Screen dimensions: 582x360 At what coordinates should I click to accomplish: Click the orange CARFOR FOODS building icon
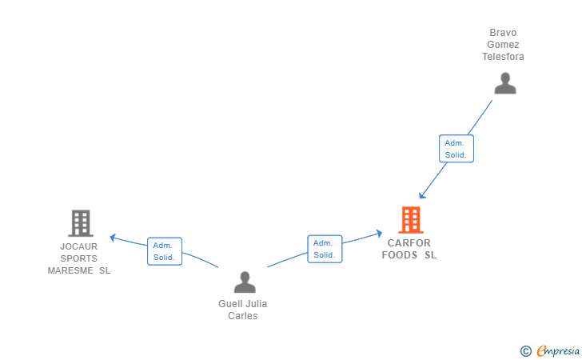[x=411, y=220]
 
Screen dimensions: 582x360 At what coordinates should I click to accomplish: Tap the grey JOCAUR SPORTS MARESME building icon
[x=81, y=223]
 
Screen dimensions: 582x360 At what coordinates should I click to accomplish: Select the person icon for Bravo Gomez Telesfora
[x=505, y=83]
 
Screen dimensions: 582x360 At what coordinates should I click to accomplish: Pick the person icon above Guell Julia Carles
[x=245, y=282]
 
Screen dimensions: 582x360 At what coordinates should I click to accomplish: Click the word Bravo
[x=503, y=33]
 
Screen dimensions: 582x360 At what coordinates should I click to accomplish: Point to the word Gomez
[x=503, y=45]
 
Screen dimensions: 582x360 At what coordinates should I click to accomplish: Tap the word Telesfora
[x=503, y=57]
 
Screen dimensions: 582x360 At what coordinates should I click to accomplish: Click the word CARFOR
[x=409, y=243]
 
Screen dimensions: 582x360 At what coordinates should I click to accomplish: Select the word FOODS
[x=400, y=255]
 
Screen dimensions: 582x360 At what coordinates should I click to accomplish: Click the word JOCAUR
[x=78, y=246]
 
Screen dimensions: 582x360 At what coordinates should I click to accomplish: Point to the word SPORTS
[x=78, y=258]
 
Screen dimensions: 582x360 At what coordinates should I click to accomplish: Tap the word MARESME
[x=70, y=270]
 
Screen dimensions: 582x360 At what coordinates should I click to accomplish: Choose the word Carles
[x=243, y=316]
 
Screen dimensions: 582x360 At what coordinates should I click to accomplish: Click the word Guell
[x=229, y=304]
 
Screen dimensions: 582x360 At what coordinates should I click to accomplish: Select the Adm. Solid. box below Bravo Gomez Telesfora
[x=456, y=149]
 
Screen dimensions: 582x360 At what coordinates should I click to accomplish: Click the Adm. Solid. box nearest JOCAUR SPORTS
[x=165, y=251]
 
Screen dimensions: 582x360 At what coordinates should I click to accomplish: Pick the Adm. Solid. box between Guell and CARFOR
[x=325, y=249]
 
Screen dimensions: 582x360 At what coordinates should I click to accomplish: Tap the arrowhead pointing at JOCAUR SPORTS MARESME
[x=114, y=238]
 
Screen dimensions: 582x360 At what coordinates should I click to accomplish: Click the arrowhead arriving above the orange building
[x=422, y=195]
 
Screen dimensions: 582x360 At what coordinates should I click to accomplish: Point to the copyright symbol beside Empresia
[x=525, y=351]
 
